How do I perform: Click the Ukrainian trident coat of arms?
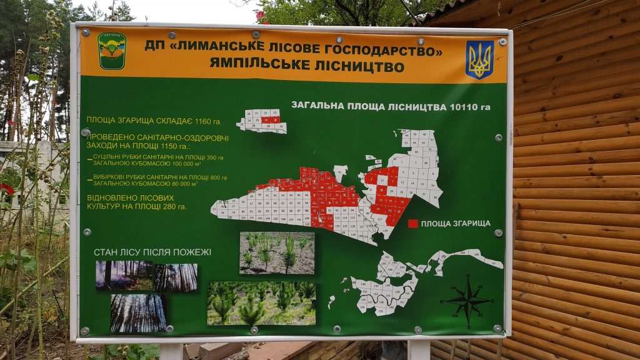click(479, 59)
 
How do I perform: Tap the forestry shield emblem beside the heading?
click(112, 51)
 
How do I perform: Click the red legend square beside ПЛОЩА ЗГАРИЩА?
click(412, 223)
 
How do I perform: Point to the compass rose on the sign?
click(467, 300)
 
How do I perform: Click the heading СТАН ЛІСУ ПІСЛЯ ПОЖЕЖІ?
click(152, 252)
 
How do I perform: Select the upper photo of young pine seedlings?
click(277, 253)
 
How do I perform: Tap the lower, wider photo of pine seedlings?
click(261, 303)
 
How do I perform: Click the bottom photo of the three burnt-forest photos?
click(138, 313)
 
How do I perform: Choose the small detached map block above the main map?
click(262, 121)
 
